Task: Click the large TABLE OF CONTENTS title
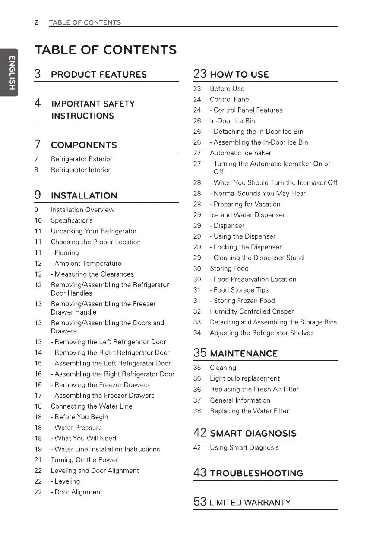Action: coord(106,50)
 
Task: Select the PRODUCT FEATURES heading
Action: coord(98,74)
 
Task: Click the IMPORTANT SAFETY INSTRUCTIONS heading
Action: coord(92,110)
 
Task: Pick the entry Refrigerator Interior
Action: coord(80,170)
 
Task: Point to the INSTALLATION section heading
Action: coord(84,195)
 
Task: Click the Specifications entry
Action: coord(72,220)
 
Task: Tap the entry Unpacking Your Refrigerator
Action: coord(93,231)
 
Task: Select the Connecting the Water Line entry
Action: coord(92,406)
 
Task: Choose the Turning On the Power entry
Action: coord(84,460)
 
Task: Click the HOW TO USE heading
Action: coord(239,74)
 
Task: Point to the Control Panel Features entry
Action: coord(246,110)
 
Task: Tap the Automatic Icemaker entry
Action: coord(240,153)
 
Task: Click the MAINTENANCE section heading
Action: coord(244,353)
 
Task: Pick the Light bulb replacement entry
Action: coord(244,378)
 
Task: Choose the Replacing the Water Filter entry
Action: coord(249,411)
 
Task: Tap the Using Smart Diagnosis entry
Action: coord(244,447)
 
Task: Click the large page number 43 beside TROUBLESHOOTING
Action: coord(200,473)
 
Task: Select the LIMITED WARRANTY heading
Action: coord(250,502)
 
